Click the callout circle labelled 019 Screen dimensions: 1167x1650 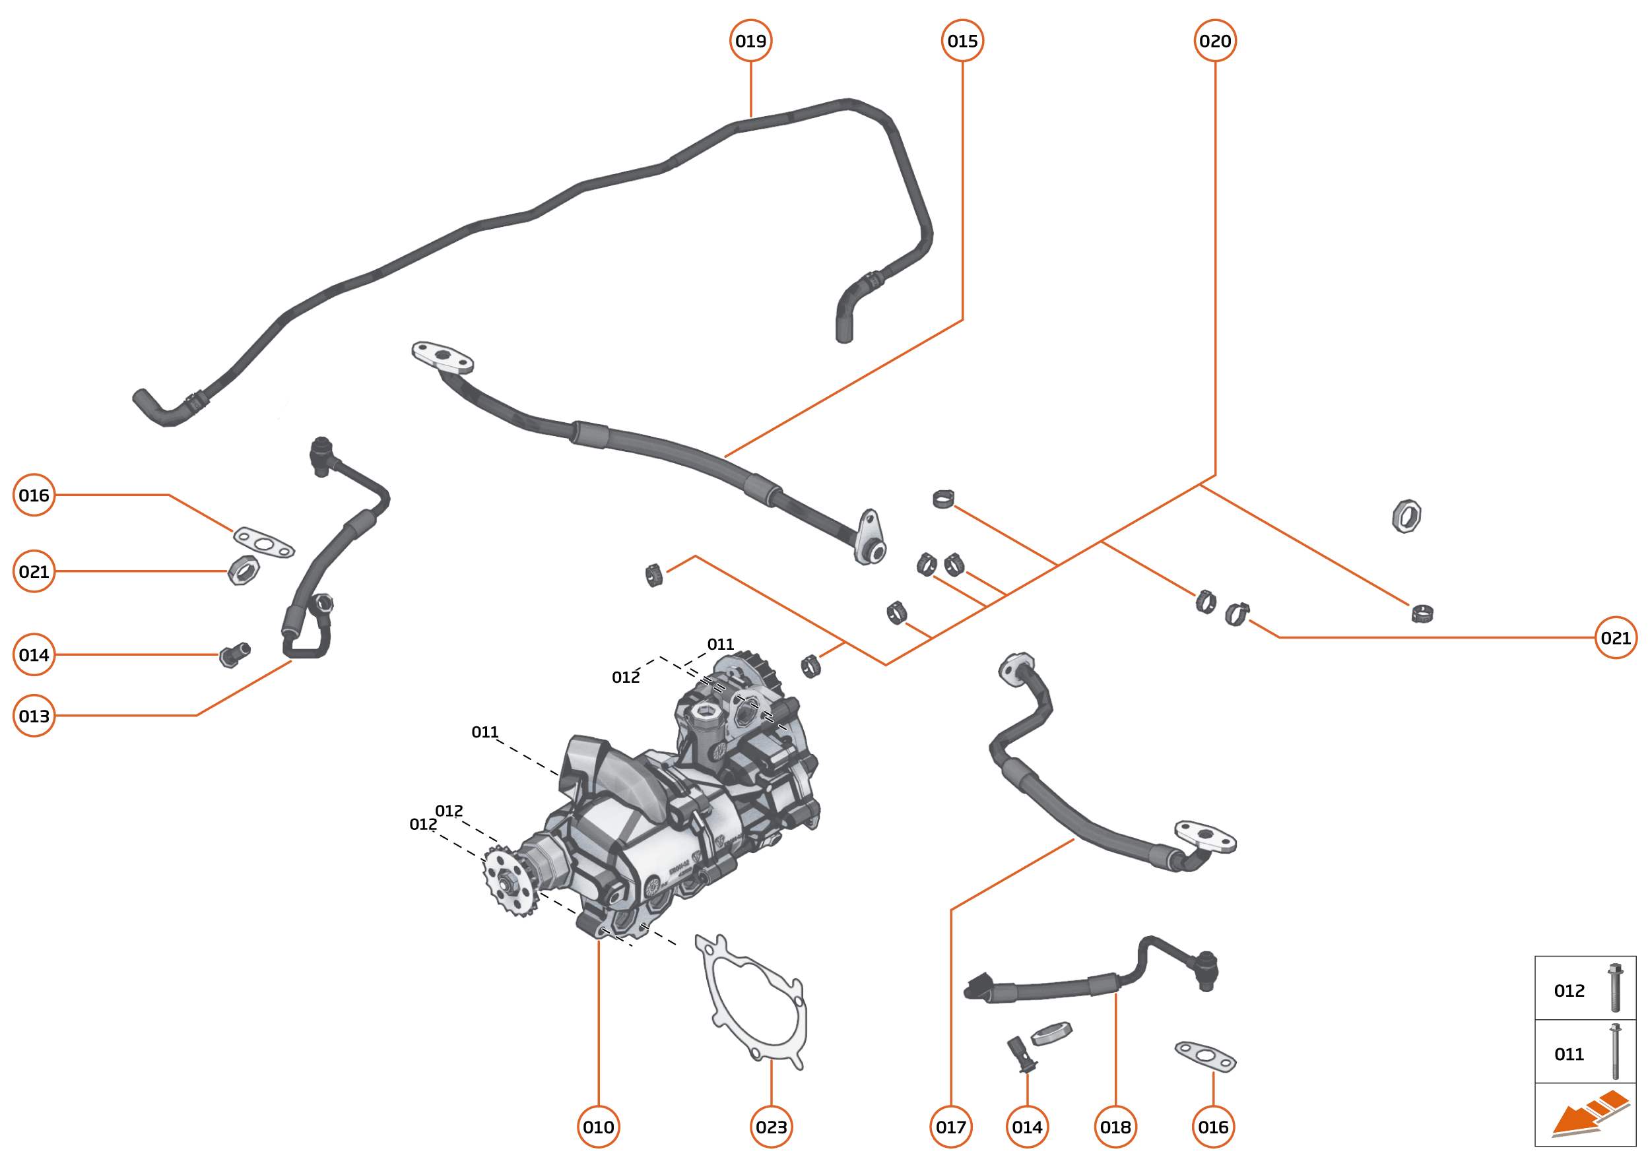[x=750, y=41]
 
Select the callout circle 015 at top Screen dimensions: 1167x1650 [x=962, y=41]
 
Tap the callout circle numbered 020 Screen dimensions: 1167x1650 [x=1214, y=41]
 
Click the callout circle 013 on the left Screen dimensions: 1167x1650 [x=34, y=716]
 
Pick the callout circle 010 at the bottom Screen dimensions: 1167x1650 [x=598, y=1127]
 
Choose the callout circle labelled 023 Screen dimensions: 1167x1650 [x=771, y=1127]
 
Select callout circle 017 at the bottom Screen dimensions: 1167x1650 [x=950, y=1127]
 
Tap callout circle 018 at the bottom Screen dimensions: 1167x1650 [x=1115, y=1127]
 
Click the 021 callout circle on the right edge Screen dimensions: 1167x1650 [x=1616, y=637]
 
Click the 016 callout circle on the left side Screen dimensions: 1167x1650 [x=34, y=495]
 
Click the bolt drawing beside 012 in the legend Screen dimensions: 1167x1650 [x=1615, y=988]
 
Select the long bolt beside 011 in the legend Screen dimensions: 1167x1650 [x=1615, y=1052]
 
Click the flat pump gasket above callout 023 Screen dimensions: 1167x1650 [x=751, y=1003]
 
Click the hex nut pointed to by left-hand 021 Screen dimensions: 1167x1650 [x=244, y=571]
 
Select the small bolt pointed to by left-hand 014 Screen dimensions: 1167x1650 [x=234, y=654]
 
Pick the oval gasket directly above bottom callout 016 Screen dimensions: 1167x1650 [x=1205, y=1056]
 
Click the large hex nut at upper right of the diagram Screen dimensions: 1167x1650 [x=1406, y=516]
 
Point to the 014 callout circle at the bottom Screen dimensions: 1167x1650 [x=1027, y=1127]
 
